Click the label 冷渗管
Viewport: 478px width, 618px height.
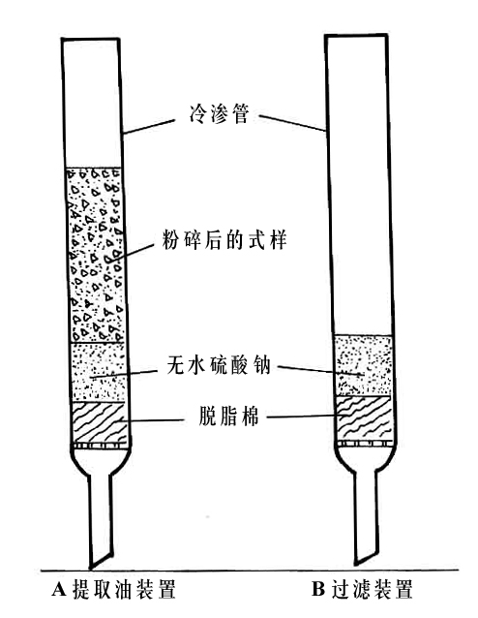tap(219, 114)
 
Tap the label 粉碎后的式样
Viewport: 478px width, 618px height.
tap(224, 239)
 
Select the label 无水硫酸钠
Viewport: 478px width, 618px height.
tap(219, 364)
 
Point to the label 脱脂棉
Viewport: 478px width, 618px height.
tap(228, 416)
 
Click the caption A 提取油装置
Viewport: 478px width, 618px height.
tap(114, 589)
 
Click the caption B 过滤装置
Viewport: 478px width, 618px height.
tap(362, 589)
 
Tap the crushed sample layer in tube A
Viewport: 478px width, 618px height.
tap(95, 255)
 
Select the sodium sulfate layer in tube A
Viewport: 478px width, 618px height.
tap(99, 372)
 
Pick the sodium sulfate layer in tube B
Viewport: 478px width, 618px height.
tap(363, 365)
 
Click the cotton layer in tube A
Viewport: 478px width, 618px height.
tap(101, 422)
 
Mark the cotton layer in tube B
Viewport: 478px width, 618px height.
tap(364, 417)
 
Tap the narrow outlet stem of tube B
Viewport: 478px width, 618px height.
tap(366, 516)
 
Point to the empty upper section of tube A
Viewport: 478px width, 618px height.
tap(92, 104)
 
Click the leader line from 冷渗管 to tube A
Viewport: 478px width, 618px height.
tap(148, 126)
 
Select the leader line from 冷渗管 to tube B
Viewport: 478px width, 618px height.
tap(292, 123)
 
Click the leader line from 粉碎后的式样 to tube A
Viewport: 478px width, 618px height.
tap(130, 252)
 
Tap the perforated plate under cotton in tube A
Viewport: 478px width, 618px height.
tap(101, 446)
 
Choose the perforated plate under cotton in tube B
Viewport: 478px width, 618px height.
tap(365, 444)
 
